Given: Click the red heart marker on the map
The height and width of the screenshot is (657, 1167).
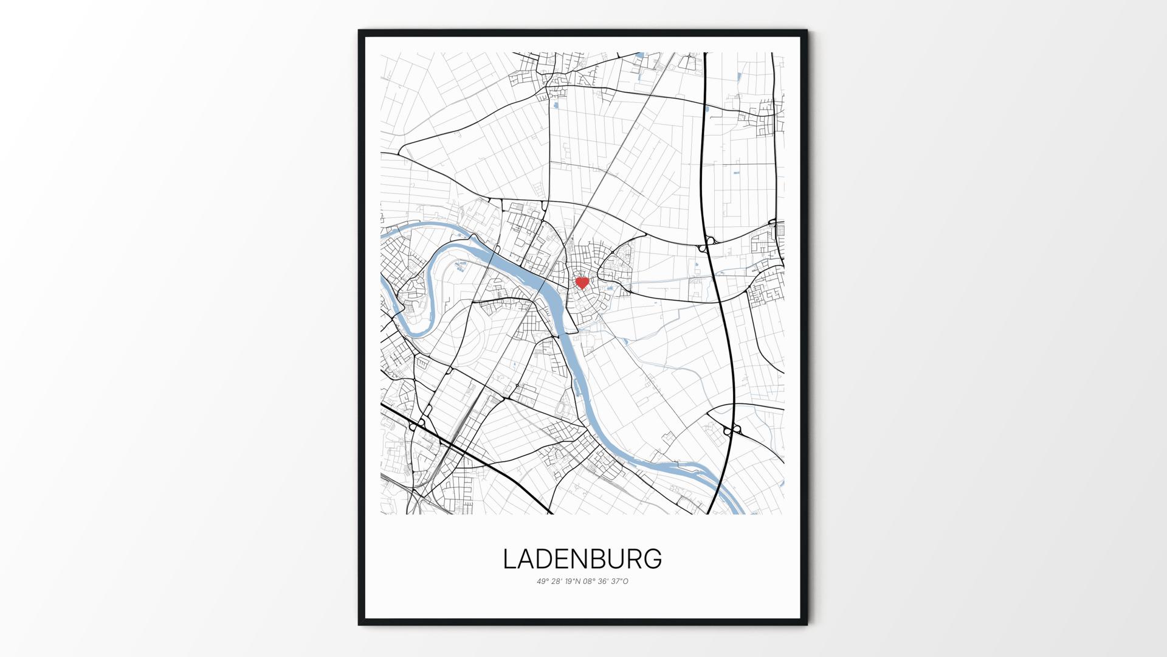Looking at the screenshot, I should click(x=582, y=283).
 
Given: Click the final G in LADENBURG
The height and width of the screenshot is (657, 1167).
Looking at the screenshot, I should click(x=653, y=559).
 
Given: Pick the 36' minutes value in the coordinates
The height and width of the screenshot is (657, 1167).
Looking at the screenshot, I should click(x=604, y=582).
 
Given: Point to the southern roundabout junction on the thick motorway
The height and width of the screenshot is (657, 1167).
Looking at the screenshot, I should click(x=732, y=431).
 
